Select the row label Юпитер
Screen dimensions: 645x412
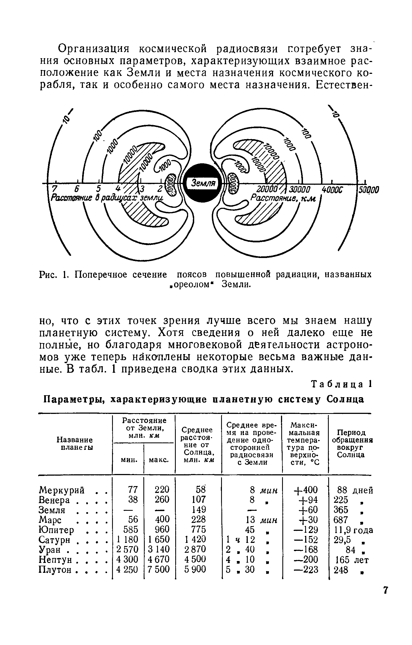pyautogui.click(x=57, y=529)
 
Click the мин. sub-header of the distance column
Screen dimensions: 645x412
pyautogui.click(x=129, y=460)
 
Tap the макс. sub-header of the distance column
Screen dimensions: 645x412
pyautogui.click(x=159, y=460)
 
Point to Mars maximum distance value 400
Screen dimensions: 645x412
pyautogui.click(x=162, y=519)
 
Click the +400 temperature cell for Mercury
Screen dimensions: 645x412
pyautogui.click(x=305, y=490)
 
